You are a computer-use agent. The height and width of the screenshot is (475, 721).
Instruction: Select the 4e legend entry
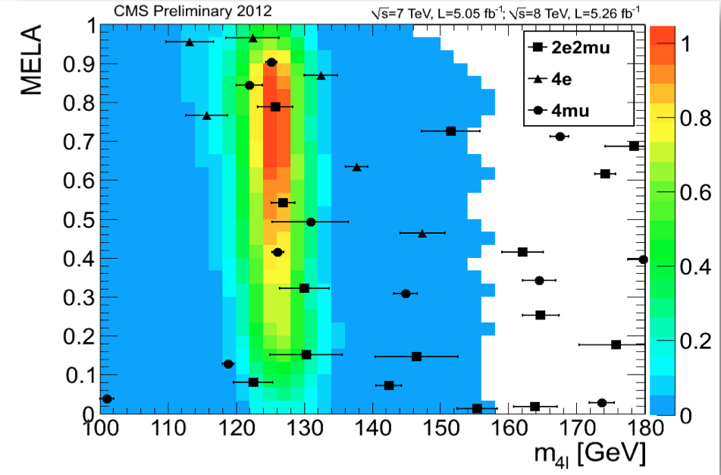tap(562, 79)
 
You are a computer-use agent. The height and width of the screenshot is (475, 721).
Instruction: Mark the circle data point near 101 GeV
tap(107, 398)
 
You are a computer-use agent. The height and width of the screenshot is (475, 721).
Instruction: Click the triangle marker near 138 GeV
tap(357, 167)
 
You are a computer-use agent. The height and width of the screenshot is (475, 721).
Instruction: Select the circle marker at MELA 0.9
tap(271, 62)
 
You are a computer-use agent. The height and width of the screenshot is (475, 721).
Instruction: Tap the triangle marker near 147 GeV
tap(422, 234)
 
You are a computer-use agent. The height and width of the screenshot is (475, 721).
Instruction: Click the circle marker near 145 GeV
tap(406, 294)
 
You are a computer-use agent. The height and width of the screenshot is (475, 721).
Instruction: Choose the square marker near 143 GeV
tap(389, 385)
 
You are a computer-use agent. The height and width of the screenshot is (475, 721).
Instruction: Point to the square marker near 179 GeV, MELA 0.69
tap(634, 146)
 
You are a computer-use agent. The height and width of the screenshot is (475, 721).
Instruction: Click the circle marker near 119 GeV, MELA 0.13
tap(227, 364)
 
